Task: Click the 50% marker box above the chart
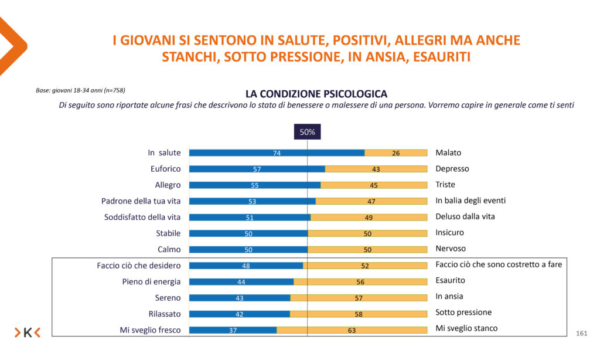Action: [307, 132]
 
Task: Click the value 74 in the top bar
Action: [277, 153]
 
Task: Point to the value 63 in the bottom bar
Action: [352, 330]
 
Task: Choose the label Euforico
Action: [166, 169]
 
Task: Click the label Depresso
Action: [452, 169]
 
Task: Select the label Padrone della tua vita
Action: [141, 201]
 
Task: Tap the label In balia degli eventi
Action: [471, 201]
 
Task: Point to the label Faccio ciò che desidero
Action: [139, 266]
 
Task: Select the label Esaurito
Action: [450, 281]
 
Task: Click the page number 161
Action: [581, 334]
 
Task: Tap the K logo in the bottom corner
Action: [28, 332]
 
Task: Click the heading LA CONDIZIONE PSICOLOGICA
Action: [316, 94]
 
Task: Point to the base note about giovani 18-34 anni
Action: [80, 90]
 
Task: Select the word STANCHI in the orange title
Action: [189, 57]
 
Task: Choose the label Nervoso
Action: [451, 249]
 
